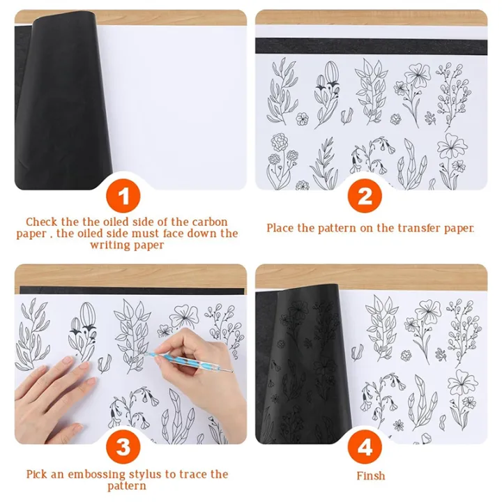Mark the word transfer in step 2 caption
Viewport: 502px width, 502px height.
415,228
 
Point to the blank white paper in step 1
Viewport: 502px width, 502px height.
174,105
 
